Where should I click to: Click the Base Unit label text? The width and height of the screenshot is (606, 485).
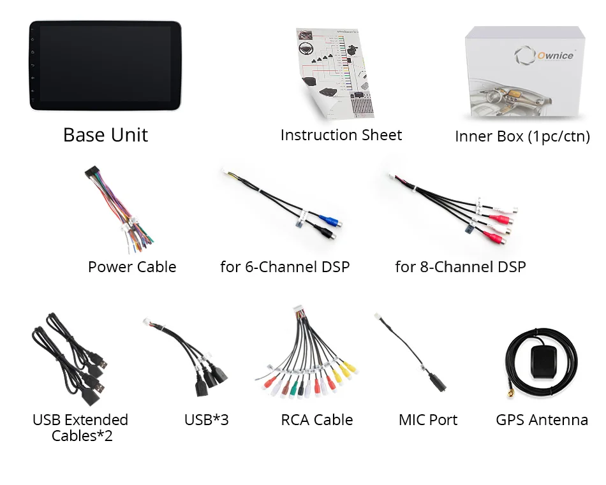105,135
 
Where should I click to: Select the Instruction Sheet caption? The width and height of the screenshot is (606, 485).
341,135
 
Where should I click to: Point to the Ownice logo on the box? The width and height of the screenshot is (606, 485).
548,55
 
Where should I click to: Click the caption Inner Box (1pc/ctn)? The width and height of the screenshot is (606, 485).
522,136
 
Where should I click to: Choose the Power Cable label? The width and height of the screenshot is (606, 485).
132,267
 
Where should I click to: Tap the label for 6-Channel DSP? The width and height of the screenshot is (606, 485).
285,267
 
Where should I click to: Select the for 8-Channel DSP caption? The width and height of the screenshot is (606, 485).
461,267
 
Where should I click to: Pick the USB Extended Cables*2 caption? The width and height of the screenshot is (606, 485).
81,428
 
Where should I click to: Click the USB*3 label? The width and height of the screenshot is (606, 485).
206,420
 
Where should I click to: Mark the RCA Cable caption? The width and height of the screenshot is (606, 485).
317,420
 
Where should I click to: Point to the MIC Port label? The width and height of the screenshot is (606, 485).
428,420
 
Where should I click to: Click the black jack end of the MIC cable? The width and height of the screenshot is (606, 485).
440,382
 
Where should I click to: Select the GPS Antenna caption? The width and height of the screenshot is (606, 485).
542,420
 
